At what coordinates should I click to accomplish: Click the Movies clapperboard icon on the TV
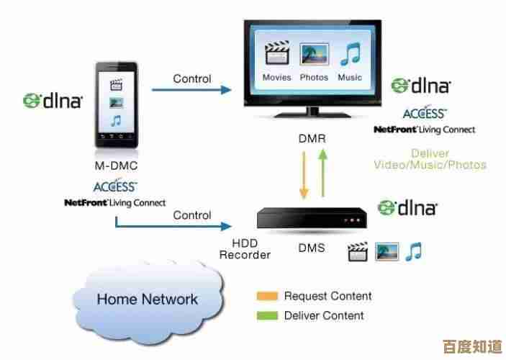point(276,55)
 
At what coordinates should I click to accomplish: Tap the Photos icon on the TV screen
point(314,55)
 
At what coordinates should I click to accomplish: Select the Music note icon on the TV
point(351,55)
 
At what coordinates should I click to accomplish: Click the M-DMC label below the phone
point(116,166)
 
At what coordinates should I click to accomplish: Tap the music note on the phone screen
point(116,120)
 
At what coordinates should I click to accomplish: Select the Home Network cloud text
point(147,299)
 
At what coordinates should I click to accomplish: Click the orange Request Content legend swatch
point(266,296)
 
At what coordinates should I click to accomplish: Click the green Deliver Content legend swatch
point(266,315)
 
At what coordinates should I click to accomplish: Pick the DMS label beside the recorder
point(311,249)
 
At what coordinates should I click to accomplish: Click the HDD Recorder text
point(245,249)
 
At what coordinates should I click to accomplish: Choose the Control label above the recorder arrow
point(192,215)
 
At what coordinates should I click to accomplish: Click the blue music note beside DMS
point(413,251)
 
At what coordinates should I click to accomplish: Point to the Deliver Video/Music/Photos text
point(430,159)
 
